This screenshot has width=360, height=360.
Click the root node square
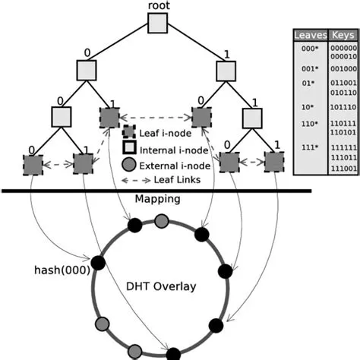(156, 24)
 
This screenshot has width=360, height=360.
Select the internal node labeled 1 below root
(226, 71)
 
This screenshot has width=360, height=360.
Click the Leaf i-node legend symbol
(130, 133)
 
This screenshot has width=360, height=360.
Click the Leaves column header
(310, 35)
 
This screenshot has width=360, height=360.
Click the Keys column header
(343, 35)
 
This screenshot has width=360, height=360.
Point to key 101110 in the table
(343, 107)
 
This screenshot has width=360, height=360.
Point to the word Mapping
(157, 200)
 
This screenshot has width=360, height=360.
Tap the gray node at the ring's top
(161, 221)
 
